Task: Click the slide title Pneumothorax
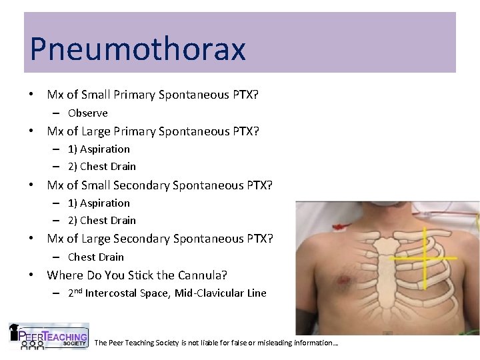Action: click(x=137, y=49)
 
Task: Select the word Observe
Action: click(x=87, y=113)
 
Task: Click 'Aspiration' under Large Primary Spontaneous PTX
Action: click(x=105, y=149)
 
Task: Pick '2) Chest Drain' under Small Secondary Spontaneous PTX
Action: click(x=101, y=221)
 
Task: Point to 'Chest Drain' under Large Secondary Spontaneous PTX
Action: click(x=96, y=257)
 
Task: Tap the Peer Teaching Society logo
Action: click(x=48, y=337)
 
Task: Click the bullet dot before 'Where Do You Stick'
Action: click(x=31, y=275)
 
